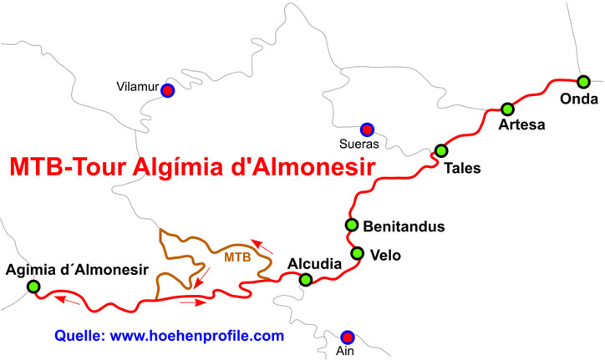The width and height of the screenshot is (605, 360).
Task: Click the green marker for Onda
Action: [583, 81]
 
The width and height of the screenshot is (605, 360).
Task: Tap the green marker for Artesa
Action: [507, 109]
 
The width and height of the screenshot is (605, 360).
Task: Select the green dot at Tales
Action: [441, 151]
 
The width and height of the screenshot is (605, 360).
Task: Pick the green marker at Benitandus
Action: [352, 226]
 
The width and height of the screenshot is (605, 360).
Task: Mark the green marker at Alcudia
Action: [306, 280]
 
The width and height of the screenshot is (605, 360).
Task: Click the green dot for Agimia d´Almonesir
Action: [33, 287]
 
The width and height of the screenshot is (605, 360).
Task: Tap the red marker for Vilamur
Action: [167, 90]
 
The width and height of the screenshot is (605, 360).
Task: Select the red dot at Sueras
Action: [366, 129]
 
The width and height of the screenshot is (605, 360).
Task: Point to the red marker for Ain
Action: [348, 337]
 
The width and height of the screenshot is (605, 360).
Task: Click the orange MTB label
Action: [237, 257]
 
